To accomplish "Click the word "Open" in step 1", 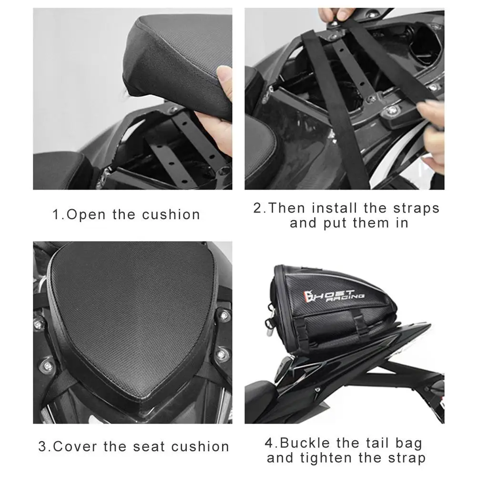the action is pyautogui.click(x=86, y=215).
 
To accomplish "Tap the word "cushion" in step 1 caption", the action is pyautogui.click(x=171, y=214).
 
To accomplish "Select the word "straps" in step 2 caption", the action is pyautogui.click(x=416, y=208).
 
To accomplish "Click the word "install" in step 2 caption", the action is pyautogui.click(x=335, y=208).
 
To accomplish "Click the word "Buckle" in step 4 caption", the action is pyautogui.click(x=304, y=443).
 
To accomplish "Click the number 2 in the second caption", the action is pyautogui.click(x=257, y=208).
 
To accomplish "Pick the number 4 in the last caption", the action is pyautogui.click(x=269, y=443).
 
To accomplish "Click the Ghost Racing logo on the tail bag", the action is pyautogui.click(x=334, y=296).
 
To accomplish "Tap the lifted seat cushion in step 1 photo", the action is pyautogui.click(x=178, y=61).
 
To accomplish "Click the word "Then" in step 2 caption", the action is pyautogui.click(x=286, y=208).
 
